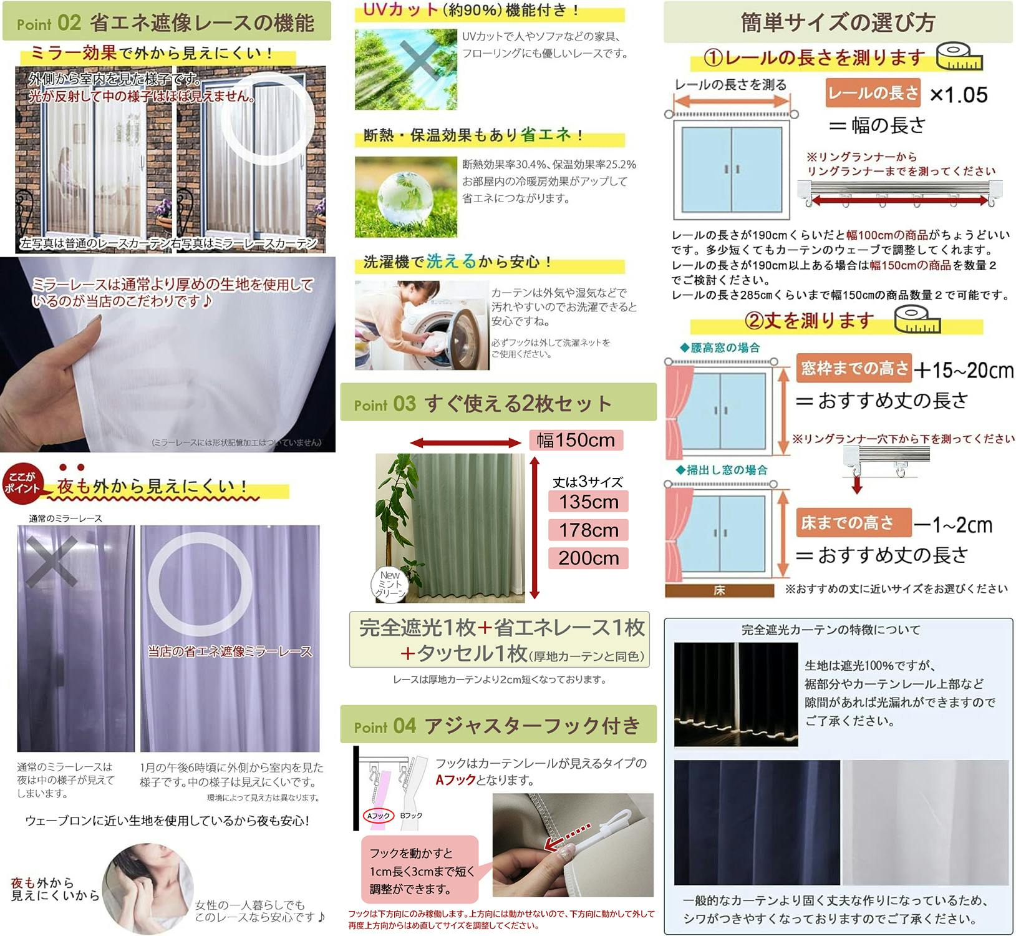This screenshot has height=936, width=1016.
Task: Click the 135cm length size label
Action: (x=588, y=502)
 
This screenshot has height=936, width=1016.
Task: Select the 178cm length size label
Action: (x=588, y=530)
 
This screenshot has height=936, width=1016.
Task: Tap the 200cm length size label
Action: (x=588, y=558)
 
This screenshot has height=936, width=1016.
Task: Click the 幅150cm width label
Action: (x=576, y=441)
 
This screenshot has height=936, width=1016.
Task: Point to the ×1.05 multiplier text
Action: (x=959, y=95)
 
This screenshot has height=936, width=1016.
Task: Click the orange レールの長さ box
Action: (x=873, y=93)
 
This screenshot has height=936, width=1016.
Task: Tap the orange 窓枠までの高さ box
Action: (x=854, y=368)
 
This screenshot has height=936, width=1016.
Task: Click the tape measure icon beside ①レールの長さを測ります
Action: (x=959, y=57)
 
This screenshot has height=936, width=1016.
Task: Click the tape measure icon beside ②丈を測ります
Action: (x=916, y=319)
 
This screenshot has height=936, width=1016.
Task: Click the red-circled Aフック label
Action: (x=378, y=816)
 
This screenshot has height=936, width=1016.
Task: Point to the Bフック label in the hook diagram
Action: (x=411, y=816)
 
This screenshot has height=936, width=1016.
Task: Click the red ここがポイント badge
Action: (x=21, y=482)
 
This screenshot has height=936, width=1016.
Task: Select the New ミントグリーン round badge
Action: (x=390, y=585)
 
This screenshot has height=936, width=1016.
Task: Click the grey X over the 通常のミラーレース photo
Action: (x=51, y=561)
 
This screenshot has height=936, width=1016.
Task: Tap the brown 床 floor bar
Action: (x=718, y=590)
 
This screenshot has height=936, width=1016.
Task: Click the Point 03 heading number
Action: (x=404, y=404)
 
